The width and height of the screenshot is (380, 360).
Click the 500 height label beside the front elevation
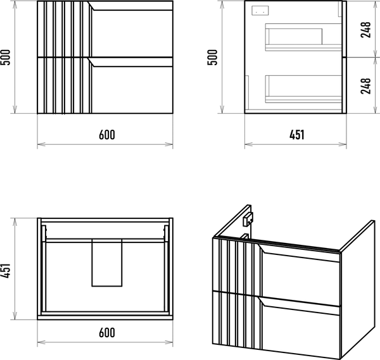[5, 58]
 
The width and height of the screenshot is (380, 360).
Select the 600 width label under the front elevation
[107, 135]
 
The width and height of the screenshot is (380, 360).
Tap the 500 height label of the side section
[213, 58]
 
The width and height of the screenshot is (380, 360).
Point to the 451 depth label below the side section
[296, 135]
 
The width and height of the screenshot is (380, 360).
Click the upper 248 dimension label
[365, 30]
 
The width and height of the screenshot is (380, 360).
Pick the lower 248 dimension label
[365, 86]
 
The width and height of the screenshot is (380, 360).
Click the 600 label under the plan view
[107, 333]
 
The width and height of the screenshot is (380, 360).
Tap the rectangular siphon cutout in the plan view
[107, 263]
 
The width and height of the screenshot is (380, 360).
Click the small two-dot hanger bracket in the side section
[260, 11]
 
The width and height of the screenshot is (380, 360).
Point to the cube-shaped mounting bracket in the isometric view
[248, 220]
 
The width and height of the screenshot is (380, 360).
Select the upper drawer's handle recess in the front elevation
[130, 6]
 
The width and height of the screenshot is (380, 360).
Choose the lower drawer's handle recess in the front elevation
[130, 62]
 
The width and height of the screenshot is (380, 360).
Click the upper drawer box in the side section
[303, 37]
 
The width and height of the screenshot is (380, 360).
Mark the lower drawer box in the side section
[303, 89]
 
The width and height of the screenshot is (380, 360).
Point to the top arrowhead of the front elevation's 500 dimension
[15, 4]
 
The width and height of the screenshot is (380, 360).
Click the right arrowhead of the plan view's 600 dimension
[169, 342]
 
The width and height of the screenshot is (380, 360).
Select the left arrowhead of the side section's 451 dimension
[249, 144]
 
